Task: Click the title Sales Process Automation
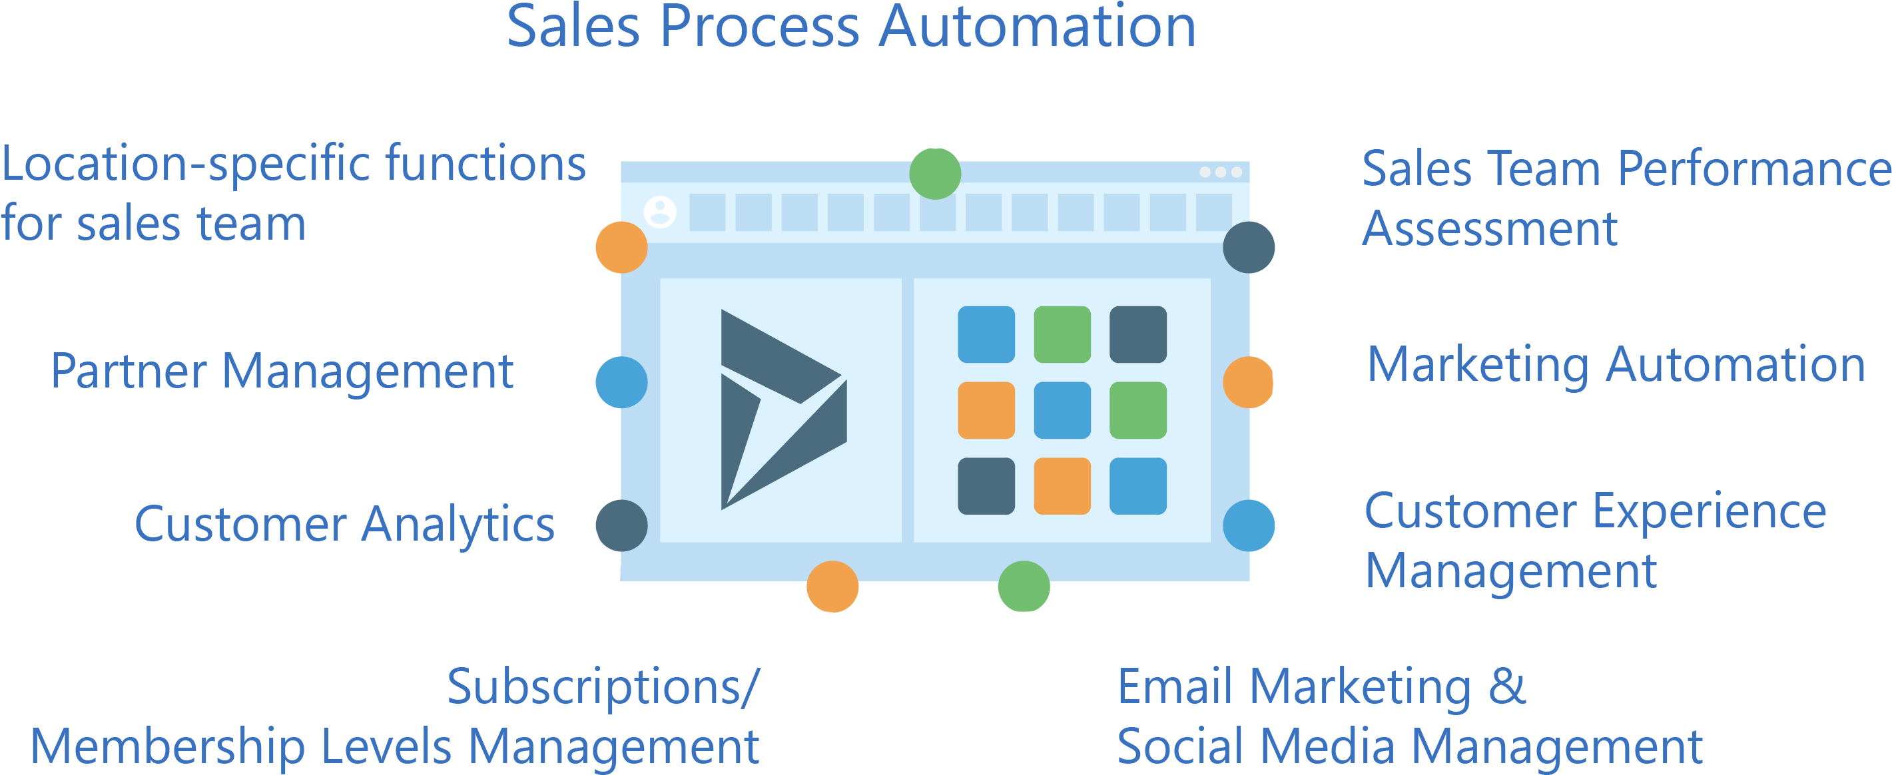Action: tap(851, 28)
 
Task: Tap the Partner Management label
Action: tap(282, 372)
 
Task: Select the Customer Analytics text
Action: tap(344, 525)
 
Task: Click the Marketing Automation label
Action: tap(1616, 365)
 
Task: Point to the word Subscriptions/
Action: tap(602, 688)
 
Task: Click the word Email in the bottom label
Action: tap(1173, 688)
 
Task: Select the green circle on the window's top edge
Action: tap(935, 173)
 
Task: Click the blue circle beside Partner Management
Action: tap(621, 382)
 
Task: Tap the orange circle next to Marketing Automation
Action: tap(1248, 382)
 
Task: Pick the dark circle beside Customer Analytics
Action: tap(621, 525)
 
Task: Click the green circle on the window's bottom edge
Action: tap(1024, 586)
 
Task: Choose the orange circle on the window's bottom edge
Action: tap(832, 586)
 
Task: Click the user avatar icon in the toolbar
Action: tap(659, 212)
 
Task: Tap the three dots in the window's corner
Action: tap(1220, 172)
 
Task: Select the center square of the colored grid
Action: tap(1062, 410)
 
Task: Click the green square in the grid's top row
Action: tap(1062, 334)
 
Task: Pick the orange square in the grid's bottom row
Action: tap(1062, 485)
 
